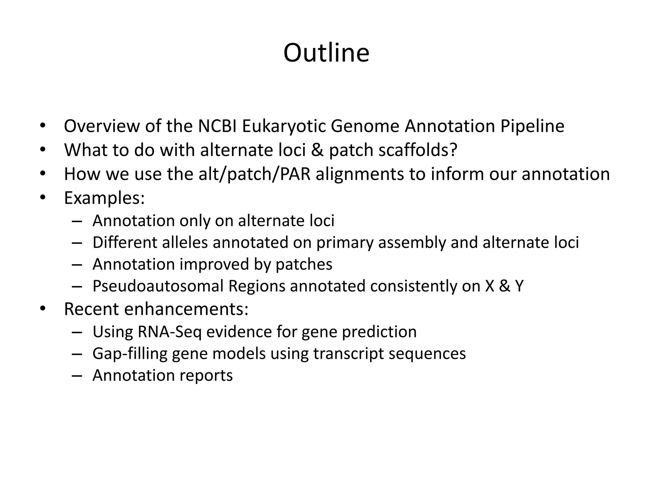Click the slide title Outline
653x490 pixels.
click(326, 53)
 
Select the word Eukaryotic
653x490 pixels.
click(284, 126)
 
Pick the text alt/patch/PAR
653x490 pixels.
click(254, 174)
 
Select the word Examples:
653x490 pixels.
click(105, 198)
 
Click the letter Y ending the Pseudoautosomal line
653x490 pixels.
click(519, 286)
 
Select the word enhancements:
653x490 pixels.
click(186, 309)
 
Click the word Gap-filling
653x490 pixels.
click(130, 353)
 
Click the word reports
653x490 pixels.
click(206, 375)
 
